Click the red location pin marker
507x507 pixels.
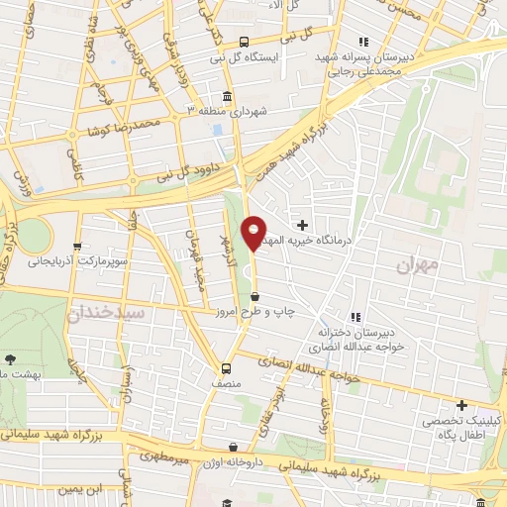pos(254,233)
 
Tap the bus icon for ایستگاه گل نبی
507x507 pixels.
pos(244,42)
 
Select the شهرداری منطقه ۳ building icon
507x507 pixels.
pos(229,97)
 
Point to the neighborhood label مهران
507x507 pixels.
pos(416,265)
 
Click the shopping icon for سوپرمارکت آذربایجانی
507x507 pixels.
pos(77,247)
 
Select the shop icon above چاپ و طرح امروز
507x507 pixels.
pos(255,296)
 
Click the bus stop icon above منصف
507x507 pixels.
pos(226,363)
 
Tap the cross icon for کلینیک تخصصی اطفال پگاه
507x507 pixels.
pos(461,405)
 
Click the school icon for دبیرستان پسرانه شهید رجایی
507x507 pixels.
pos(363,42)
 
